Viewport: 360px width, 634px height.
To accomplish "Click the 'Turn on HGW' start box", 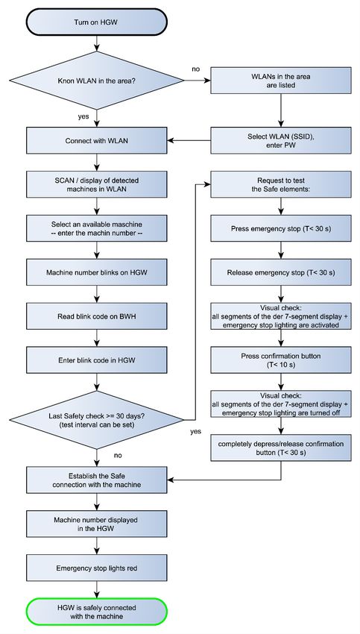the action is tap(96, 22).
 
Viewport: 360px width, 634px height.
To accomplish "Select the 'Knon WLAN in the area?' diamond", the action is tap(96, 80).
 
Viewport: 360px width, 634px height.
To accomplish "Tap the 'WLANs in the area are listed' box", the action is tap(281, 80).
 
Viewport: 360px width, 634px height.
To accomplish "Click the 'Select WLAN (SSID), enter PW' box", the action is tap(281, 140).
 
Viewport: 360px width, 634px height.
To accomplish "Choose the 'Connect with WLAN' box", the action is tap(97, 140).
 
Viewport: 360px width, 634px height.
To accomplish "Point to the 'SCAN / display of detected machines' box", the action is tap(97, 184).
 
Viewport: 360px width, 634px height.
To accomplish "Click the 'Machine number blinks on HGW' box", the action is tap(97, 272).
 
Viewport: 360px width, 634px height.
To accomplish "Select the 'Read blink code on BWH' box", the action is tap(97, 316).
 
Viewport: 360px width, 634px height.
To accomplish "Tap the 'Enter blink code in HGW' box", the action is tap(97, 360).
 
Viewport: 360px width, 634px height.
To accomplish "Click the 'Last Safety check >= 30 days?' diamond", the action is tap(96, 420).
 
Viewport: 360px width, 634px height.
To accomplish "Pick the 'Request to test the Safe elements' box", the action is tap(281, 184).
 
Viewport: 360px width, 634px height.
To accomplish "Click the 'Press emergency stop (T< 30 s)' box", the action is tap(281, 228).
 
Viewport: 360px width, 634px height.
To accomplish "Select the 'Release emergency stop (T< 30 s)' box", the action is tap(281, 272).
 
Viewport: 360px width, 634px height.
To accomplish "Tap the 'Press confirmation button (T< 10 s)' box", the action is tap(281, 360).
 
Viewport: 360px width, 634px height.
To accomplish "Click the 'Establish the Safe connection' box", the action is tap(97, 480).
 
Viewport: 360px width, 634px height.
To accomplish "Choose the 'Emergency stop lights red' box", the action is tap(97, 568).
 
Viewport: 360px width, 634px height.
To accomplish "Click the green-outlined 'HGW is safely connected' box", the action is tap(96, 612).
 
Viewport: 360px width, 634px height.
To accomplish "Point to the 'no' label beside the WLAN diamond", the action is tap(196, 69).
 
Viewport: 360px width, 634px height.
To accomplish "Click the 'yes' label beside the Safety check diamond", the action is tap(196, 431).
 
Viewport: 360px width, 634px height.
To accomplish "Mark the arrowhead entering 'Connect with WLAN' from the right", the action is tap(170, 140).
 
